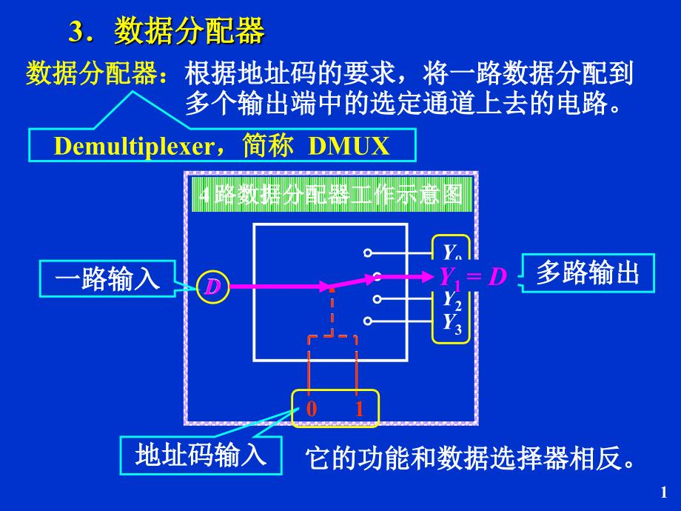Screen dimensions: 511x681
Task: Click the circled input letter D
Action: [x=213, y=287]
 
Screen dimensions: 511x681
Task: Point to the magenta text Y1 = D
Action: [x=473, y=277]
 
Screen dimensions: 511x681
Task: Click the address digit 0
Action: [x=312, y=409]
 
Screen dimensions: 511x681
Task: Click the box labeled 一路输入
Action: [x=108, y=279]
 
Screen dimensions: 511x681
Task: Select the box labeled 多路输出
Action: [x=587, y=273]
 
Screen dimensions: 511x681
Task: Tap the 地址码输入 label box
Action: [x=201, y=454]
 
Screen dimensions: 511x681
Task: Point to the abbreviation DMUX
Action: [x=349, y=146]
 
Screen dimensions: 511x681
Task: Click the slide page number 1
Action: [x=663, y=491]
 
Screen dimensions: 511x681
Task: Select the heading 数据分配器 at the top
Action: [x=189, y=32]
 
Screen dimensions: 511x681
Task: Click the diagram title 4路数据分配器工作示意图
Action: [x=332, y=195]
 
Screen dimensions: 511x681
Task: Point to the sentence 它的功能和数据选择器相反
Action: [x=471, y=458]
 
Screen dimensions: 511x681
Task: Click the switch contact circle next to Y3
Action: [x=368, y=321]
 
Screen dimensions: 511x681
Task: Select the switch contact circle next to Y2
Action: [x=377, y=299]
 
